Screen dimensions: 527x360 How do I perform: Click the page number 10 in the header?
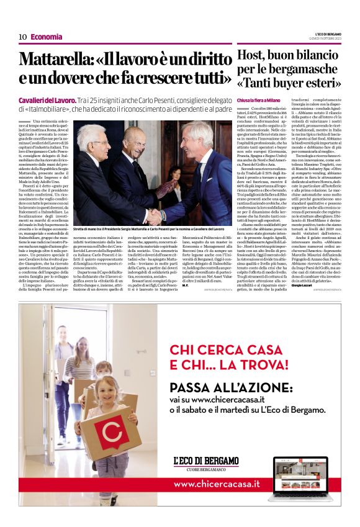(x=22, y=37)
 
